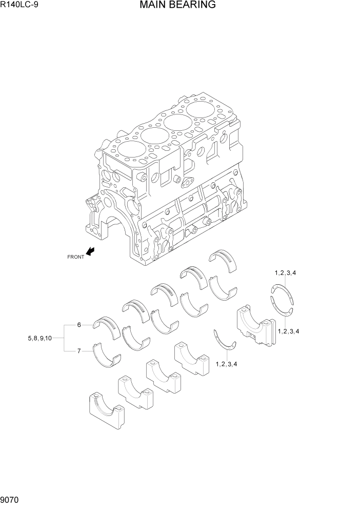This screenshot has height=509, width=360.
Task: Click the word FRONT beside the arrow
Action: (75, 257)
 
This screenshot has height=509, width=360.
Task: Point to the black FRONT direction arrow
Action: (91, 251)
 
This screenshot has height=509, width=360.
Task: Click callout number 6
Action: (79, 325)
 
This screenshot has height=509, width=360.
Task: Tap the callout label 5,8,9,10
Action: (39, 338)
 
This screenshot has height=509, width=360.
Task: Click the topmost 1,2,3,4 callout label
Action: (285, 272)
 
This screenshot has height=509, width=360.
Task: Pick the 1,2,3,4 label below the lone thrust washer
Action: (227, 364)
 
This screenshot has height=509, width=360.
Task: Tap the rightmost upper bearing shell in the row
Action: (224, 259)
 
